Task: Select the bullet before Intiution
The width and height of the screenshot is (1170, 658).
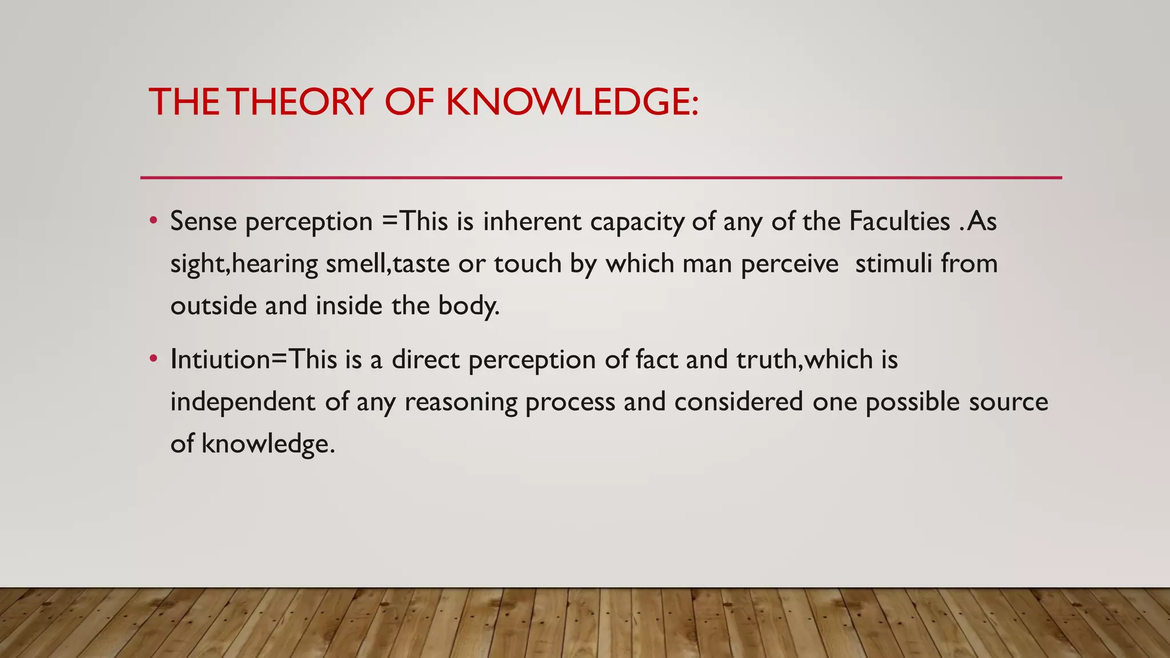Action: pyautogui.click(x=153, y=359)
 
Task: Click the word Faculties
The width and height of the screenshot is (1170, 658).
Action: pyautogui.click(x=899, y=222)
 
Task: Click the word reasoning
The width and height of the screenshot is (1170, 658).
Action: pyautogui.click(x=460, y=403)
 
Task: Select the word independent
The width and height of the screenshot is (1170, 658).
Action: pyautogui.click(x=243, y=402)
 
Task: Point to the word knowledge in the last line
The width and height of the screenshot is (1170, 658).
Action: pyautogui.click(x=267, y=444)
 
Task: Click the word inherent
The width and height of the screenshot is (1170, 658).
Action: pyautogui.click(x=532, y=222)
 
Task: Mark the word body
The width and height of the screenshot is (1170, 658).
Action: pyautogui.click(x=468, y=306)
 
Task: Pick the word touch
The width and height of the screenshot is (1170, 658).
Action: pyautogui.click(x=528, y=264)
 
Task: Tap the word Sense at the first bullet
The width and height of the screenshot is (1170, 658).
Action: pyautogui.click(x=203, y=222)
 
